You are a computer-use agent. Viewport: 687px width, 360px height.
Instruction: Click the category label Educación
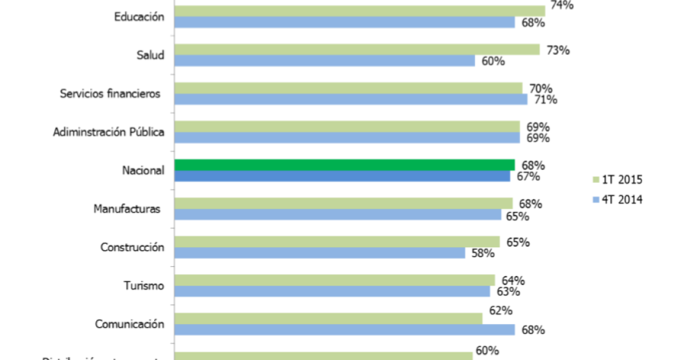(x=139, y=17)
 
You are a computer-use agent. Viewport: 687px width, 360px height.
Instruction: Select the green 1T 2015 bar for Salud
(x=356, y=49)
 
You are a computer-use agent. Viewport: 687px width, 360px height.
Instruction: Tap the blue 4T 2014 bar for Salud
(x=324, y=61)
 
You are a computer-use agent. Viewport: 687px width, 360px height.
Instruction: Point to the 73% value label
(x=558, y=50)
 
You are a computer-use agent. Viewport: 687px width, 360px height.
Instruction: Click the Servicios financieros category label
(x=110, y=93)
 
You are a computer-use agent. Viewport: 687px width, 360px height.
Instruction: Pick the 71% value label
(x=545, y=99)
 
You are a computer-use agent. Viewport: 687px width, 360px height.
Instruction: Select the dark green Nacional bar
(x=344, y=164)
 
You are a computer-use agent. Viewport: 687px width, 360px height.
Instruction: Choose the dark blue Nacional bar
(x=342, y=176)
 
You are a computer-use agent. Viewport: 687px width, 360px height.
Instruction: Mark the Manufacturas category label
(x=127, y=209)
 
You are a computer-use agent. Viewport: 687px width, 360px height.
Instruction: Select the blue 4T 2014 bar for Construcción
(x=319, y=253)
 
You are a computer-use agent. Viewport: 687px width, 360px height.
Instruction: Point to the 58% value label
(x=482, y=253)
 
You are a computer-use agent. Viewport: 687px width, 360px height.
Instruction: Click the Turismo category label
(x=143, y=285)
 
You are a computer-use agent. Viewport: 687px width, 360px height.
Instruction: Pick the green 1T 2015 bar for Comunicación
(x=328, y=318)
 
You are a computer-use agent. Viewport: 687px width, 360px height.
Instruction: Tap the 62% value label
(x=500, y=310)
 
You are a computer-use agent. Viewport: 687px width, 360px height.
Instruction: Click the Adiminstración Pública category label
(x=108, y=132)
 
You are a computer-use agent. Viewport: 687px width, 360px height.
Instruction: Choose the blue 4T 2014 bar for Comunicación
(x=344, y=330)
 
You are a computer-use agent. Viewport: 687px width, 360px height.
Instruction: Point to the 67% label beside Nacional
(x=528, y=177)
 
